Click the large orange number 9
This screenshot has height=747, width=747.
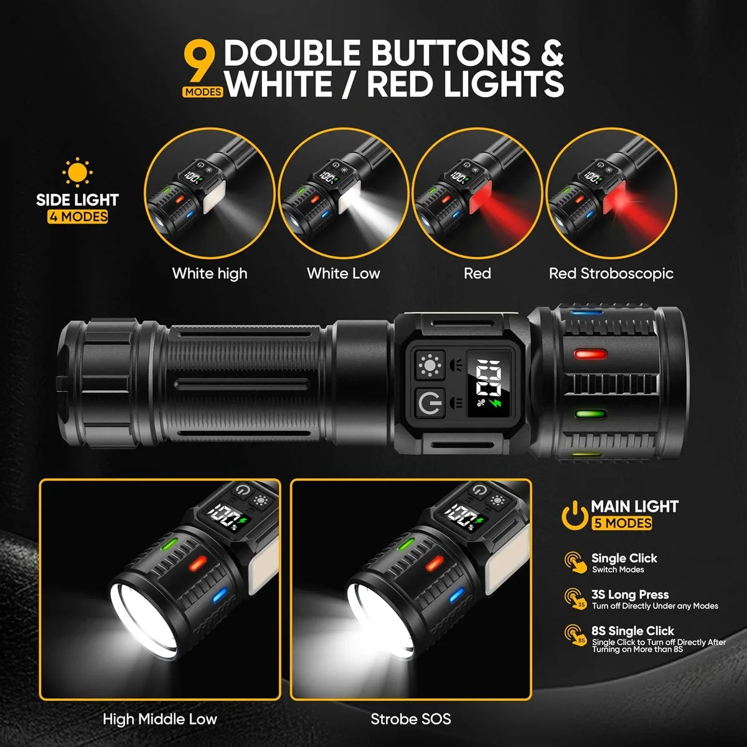pos(200,62)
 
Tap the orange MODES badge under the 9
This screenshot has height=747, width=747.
pos(203,92)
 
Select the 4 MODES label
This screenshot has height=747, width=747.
pos(78,216)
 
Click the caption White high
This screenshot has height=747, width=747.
pos(210,273)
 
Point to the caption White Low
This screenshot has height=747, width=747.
pos(344,273)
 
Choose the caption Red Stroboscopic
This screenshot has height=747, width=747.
pos(611,273)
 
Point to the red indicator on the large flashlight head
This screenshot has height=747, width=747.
pos(590,354)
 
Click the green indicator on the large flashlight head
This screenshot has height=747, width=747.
pos(590,415)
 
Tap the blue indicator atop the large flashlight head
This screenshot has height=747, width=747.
pos(586,312)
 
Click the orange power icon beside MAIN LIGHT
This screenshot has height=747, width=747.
pos(575,515)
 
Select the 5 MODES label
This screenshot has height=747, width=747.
pos(622,524)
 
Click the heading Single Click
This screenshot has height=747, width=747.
pos(624,558)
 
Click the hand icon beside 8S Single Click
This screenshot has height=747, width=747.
pos(576,635)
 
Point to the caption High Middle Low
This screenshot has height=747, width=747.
pos(160,719)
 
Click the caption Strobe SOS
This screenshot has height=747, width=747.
pos(411,719)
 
